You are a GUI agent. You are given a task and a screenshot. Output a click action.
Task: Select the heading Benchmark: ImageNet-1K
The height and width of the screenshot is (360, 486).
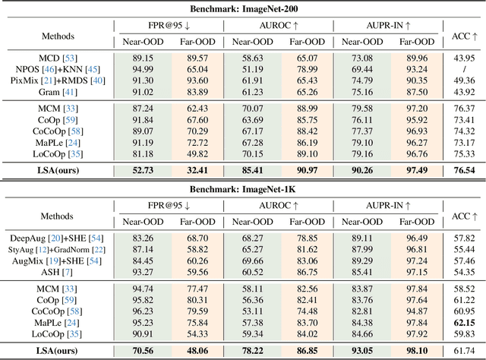(x=243, y=185)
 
